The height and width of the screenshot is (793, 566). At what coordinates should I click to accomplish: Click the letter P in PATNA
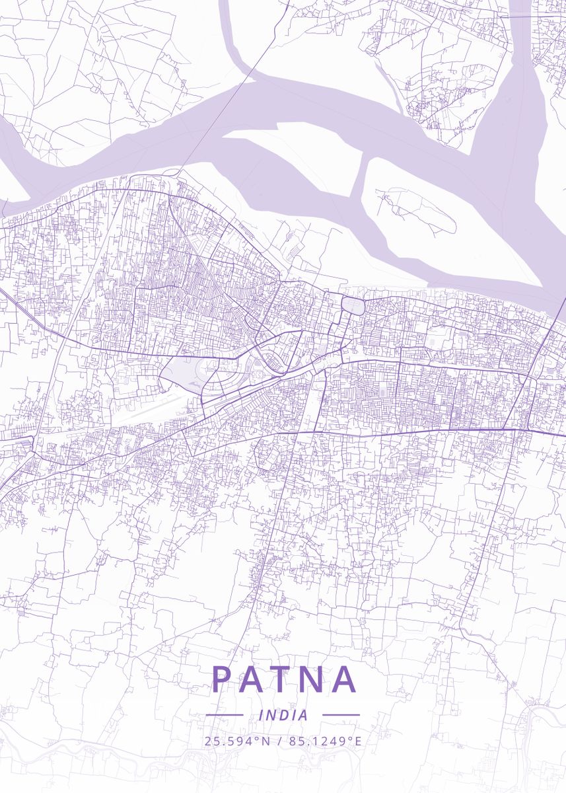(222, 679)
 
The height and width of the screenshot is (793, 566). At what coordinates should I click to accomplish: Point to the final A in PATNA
(345, 679)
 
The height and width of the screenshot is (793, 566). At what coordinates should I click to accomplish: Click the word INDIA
(283, 715)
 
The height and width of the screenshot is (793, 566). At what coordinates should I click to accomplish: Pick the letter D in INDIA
(284, 715)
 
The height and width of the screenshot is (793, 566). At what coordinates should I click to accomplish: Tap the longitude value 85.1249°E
(324, 741)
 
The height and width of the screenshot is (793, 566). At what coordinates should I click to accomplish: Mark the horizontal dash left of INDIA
(225, 715)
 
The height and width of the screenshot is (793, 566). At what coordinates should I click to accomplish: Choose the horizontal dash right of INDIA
(341, 715)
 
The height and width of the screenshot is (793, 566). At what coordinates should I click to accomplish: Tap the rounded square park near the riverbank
(353, 306)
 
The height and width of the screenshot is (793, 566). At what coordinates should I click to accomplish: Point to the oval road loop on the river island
(423, 211)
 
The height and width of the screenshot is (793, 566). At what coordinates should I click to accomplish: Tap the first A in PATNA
(254, 679)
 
